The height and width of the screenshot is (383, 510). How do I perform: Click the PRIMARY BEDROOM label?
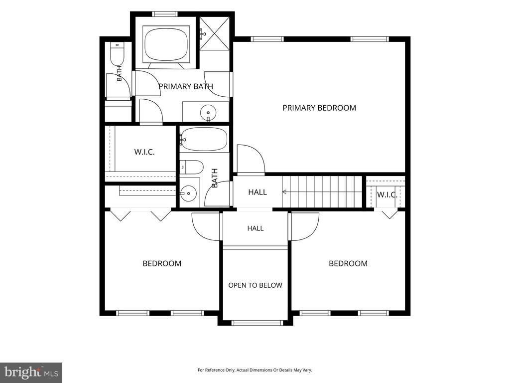pyautogui.click(x=319, y=108)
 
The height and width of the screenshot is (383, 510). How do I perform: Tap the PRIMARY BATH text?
pyautogui.click(x=186, y=86)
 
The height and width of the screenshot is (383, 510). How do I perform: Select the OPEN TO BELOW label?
pyautogui.click(x=255, y=285)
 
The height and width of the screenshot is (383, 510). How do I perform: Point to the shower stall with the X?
pyautogui.click(x=214, y=33)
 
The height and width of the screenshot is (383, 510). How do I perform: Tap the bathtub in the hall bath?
pyautogui.click(x=204, y=140)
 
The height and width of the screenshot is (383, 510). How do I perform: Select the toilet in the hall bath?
pyautogui.click(x=192, y=168)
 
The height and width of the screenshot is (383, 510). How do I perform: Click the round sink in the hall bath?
pyautogui.click(x=189, y=194)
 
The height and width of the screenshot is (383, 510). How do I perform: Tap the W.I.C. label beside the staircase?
pyautogui.click(x=386, y=195)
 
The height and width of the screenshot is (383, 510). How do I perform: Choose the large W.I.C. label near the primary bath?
pyautogui.click(x=144, y=152)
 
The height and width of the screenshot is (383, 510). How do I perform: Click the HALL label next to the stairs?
pyautogui.click(x=257, y=192)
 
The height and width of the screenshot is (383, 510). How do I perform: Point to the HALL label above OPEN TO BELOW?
pyautogui.click(x=255, y=228)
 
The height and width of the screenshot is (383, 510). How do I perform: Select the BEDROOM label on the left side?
pyautogui.click(x=162, y=263)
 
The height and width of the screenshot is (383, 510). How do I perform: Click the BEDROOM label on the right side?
pyautogui.click(x=348, y=263)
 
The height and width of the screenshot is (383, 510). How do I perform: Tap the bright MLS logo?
pyautogui.click(x=31, y=372)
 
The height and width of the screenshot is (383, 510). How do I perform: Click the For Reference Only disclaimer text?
pyautogui.click(x=255, y=370)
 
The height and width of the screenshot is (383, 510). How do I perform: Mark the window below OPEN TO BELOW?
pyautogui.click(x=257, y=323)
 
